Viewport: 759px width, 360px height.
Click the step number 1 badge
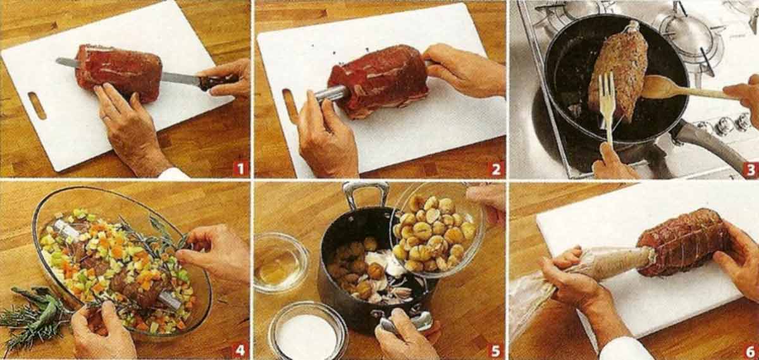(240, 169)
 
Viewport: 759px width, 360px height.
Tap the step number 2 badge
(496, 169)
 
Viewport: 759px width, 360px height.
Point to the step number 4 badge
(240, 350)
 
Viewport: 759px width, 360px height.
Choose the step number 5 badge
(495, 351)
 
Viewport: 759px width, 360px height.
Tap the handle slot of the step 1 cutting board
(37, 106)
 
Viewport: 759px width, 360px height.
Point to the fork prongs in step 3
(607, 93)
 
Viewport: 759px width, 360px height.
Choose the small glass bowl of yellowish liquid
(281, 263)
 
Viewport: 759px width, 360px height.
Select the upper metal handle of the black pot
(366, 195)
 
